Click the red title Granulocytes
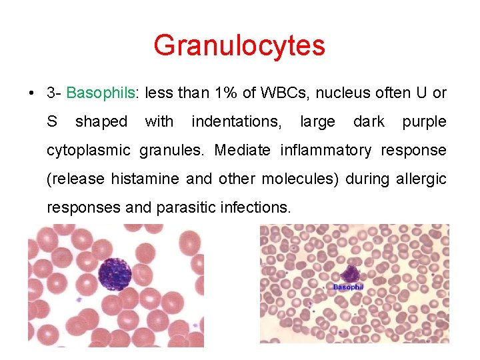coord(239,46)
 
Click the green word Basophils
coord(101,93)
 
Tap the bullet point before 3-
coord(32,93)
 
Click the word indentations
coord(236,122)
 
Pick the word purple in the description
coord(424,122)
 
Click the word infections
coord(257,208)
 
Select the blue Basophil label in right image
coord(348,287)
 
